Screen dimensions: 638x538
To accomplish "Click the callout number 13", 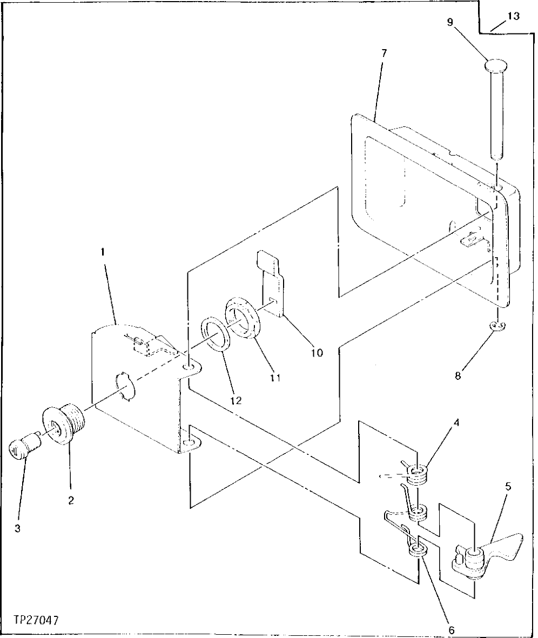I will pos(513,16).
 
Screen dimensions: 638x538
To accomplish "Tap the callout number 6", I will pos(452,629).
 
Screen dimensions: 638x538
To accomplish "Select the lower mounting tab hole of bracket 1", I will pos(189,444).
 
